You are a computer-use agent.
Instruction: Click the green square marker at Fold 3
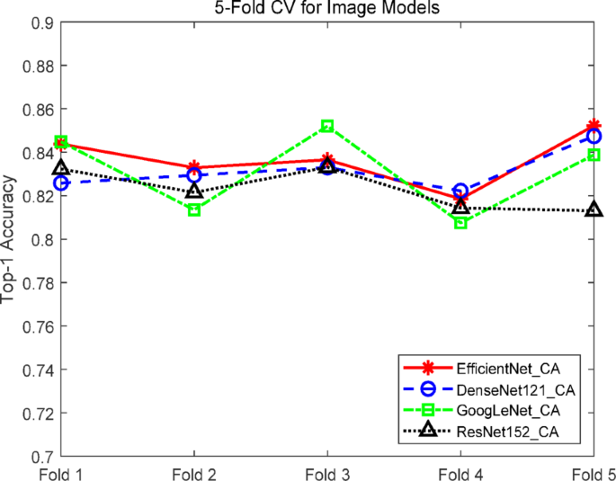point(327,127)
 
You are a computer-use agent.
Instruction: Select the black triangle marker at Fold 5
point(594,209)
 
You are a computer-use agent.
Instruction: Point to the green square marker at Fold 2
point(194,209)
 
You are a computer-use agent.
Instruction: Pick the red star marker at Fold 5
point(594,127)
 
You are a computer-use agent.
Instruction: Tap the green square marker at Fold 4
point(460,221)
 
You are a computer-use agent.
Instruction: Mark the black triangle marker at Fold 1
point(61,167)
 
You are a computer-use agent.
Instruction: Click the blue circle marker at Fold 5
point(594,137)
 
